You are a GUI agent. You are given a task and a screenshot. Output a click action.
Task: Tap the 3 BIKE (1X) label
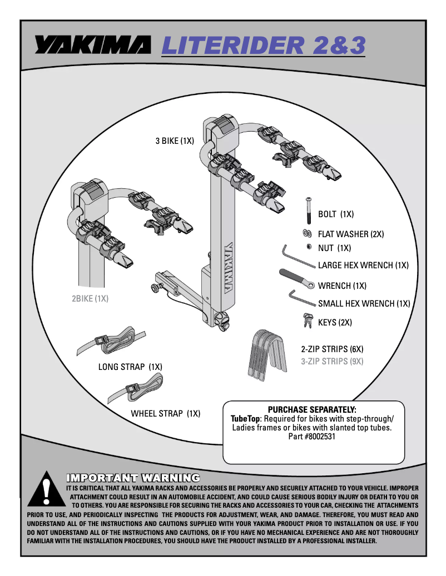pyautogui.click(x=175, y=141)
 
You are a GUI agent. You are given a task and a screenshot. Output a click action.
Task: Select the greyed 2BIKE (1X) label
pyautogui.click(x=90, y=298)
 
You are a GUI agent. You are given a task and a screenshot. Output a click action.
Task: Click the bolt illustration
pyautogui.click(x=306, y=211)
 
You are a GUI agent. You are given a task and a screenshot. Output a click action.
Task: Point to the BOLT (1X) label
pyautogui.click(x=336, y=214)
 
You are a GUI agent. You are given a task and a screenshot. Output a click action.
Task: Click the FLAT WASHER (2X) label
pyautogui.click(x=351, y=234)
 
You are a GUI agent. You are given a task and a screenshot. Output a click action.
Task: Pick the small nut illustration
pyautogui.click(x=308, y=247)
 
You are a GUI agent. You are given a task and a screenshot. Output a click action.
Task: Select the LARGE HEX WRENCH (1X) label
pyautogui.click(x=363, y=266)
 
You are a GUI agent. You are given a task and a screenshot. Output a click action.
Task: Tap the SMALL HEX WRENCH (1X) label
pyautogui.click(x=364, y=303)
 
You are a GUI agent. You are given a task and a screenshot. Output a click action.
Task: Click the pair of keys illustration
pyautogui.click(x=306, y=320)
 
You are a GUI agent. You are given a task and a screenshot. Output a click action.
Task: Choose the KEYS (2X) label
pyautogui.click(x=335, y=322)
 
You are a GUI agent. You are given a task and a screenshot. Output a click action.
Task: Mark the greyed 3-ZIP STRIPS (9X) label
pyautogui.click(x=332, y=362)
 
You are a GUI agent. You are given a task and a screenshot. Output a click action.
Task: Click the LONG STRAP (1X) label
pyautogui.click(x=130, y=367)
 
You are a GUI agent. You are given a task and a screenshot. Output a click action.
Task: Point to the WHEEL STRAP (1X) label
pyautogui.click(x=165, y=413)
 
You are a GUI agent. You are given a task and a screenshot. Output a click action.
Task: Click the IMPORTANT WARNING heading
pyautogui.click(x=133, y=478)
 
